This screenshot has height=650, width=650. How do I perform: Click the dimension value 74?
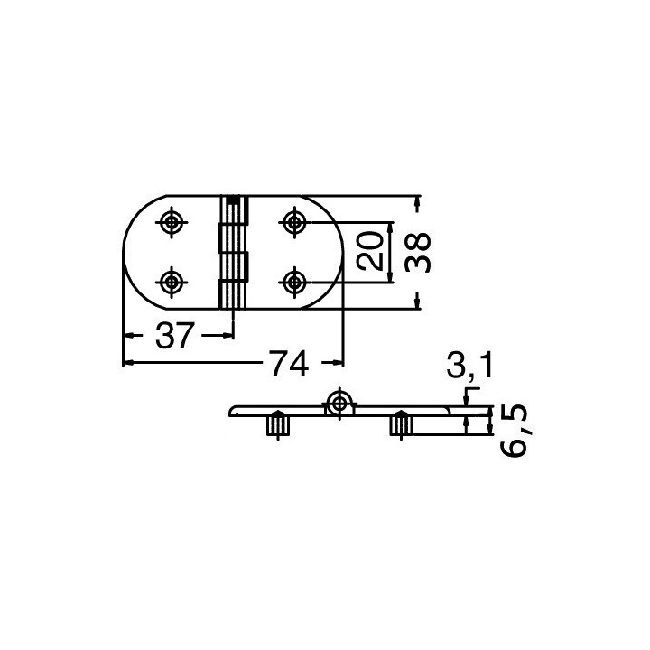click(x=287, y=364)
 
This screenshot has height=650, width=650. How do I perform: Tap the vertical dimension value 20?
click(x=370, y=251)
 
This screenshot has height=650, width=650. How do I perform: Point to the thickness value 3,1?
click(x=469, y=367)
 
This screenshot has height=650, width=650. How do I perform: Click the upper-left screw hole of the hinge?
click(x=172, y=220)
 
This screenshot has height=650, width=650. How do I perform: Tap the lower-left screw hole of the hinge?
click(x=172, y=282)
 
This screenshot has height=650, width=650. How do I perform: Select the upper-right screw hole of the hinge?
click(x=292, y=220)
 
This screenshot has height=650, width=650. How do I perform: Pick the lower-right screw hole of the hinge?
click(x=292, y=282)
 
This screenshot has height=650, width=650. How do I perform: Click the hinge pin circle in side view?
click(x=339, y=403)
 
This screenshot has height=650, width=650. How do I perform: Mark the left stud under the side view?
click(x=277, y=424)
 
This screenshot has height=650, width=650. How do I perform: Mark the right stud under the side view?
click(x=399, y=424)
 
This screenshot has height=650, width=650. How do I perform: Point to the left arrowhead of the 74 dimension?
click(x=127, y=363)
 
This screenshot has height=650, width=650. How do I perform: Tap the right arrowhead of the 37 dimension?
click(x=228, y=335)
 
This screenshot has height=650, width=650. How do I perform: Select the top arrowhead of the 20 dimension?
click(x=391, y=226)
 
